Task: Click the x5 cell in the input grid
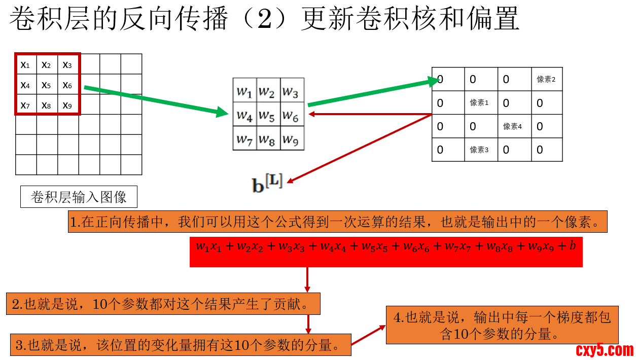click(x=47, y=85)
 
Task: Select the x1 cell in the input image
click(x=25, y=64)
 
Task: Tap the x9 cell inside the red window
click(x=67, y=105)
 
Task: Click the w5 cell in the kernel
click(x=268, y=116)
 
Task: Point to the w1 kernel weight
click(x=244, y=92)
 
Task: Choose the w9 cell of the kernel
click(x=291, y=139)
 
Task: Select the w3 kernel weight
click(x=291, y=92)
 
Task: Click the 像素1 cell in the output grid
click(x=480, y=103)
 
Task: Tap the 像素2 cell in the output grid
click(x=547, y=79)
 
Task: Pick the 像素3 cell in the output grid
click(x=480, y=150)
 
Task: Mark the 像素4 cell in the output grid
click(x=513, y=126)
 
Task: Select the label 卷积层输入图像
click(x=79, y=197)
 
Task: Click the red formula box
click(x=386, y=251)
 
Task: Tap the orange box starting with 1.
click(x=337, y=222)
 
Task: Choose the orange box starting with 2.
click(x=163, y=304)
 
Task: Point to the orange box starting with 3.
click(x=181, y=345)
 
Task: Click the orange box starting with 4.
click(x=502, y=326)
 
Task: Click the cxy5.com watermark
click(x=605, y=349)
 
